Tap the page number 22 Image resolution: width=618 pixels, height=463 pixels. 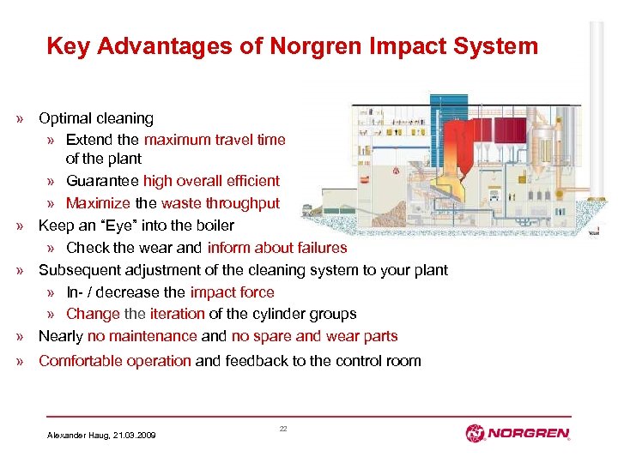pos(283,428)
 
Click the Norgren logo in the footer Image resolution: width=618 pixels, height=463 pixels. pos(518,433)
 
